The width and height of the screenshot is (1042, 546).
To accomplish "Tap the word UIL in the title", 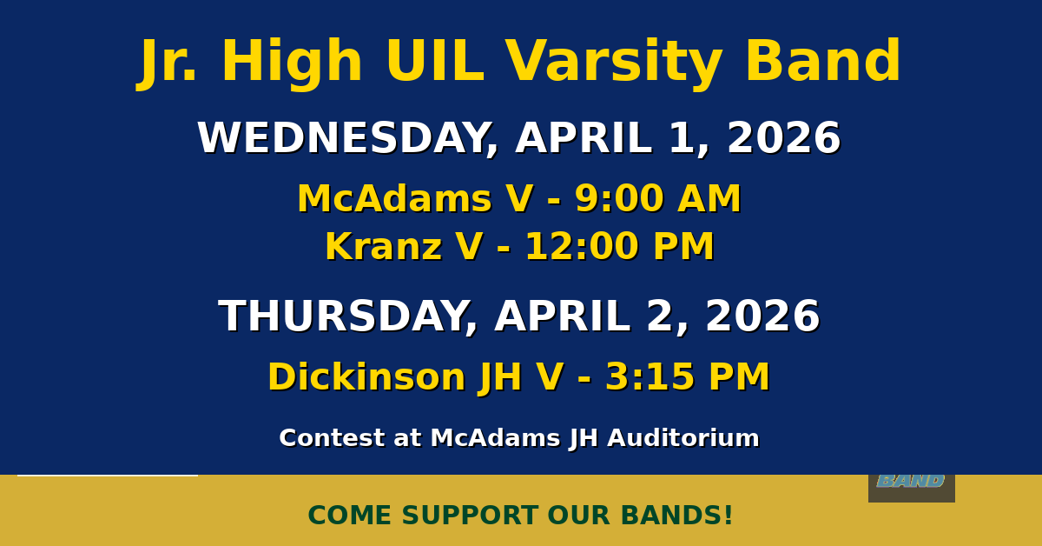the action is point(435,61).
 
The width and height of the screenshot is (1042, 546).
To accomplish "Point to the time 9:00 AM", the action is point(658,199).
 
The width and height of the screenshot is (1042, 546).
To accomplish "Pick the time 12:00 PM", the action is point(620,246).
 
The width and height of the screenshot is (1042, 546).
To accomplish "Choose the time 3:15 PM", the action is point(688,376).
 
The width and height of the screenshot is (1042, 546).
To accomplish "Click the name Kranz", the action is point(383,246).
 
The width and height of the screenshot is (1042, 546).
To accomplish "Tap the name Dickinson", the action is point(366,376).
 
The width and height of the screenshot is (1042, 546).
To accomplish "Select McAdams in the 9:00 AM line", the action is point(394,199).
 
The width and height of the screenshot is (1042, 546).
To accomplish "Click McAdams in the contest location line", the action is point(496,438).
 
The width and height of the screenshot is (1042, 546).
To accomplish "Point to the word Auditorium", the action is point(683,438).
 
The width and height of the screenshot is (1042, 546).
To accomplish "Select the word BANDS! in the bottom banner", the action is point(676,516).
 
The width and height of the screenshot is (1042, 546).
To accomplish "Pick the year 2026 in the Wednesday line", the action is point(784,138).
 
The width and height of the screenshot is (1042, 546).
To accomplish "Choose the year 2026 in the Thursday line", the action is point(763,316).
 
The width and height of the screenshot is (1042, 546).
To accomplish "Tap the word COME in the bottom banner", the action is point(349,516).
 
